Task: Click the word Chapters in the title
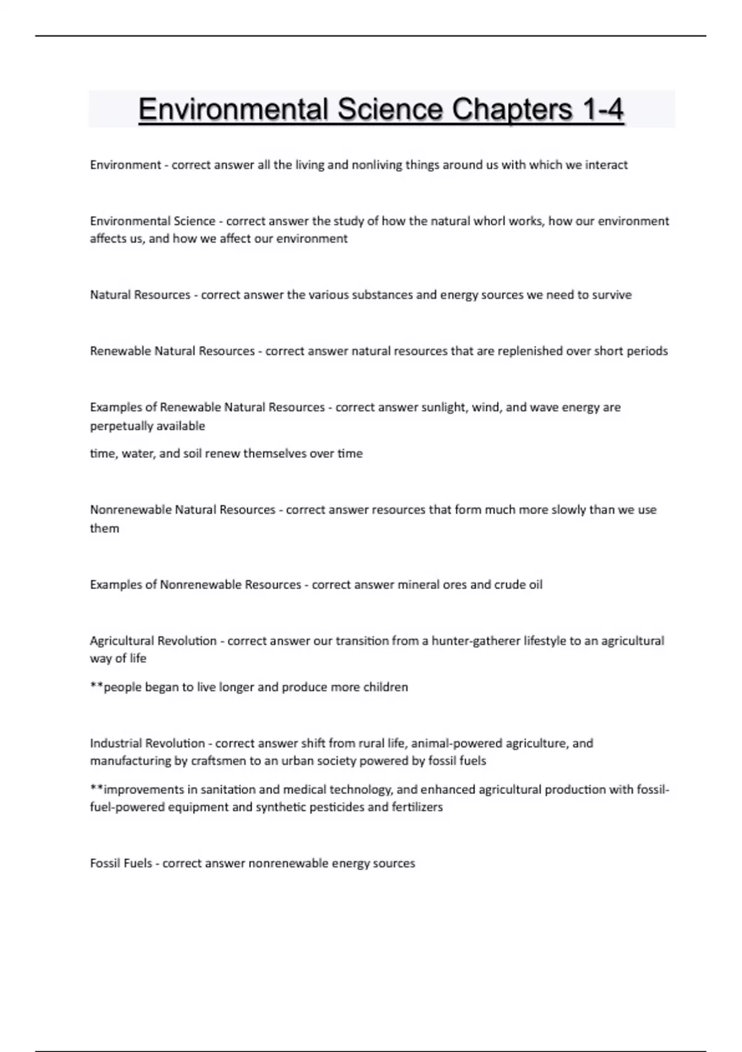tap(512, 110)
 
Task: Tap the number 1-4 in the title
tap(602, 110)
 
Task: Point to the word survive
tap(612, 295)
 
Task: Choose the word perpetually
tap(116, 426)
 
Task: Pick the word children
tap(386, 687)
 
